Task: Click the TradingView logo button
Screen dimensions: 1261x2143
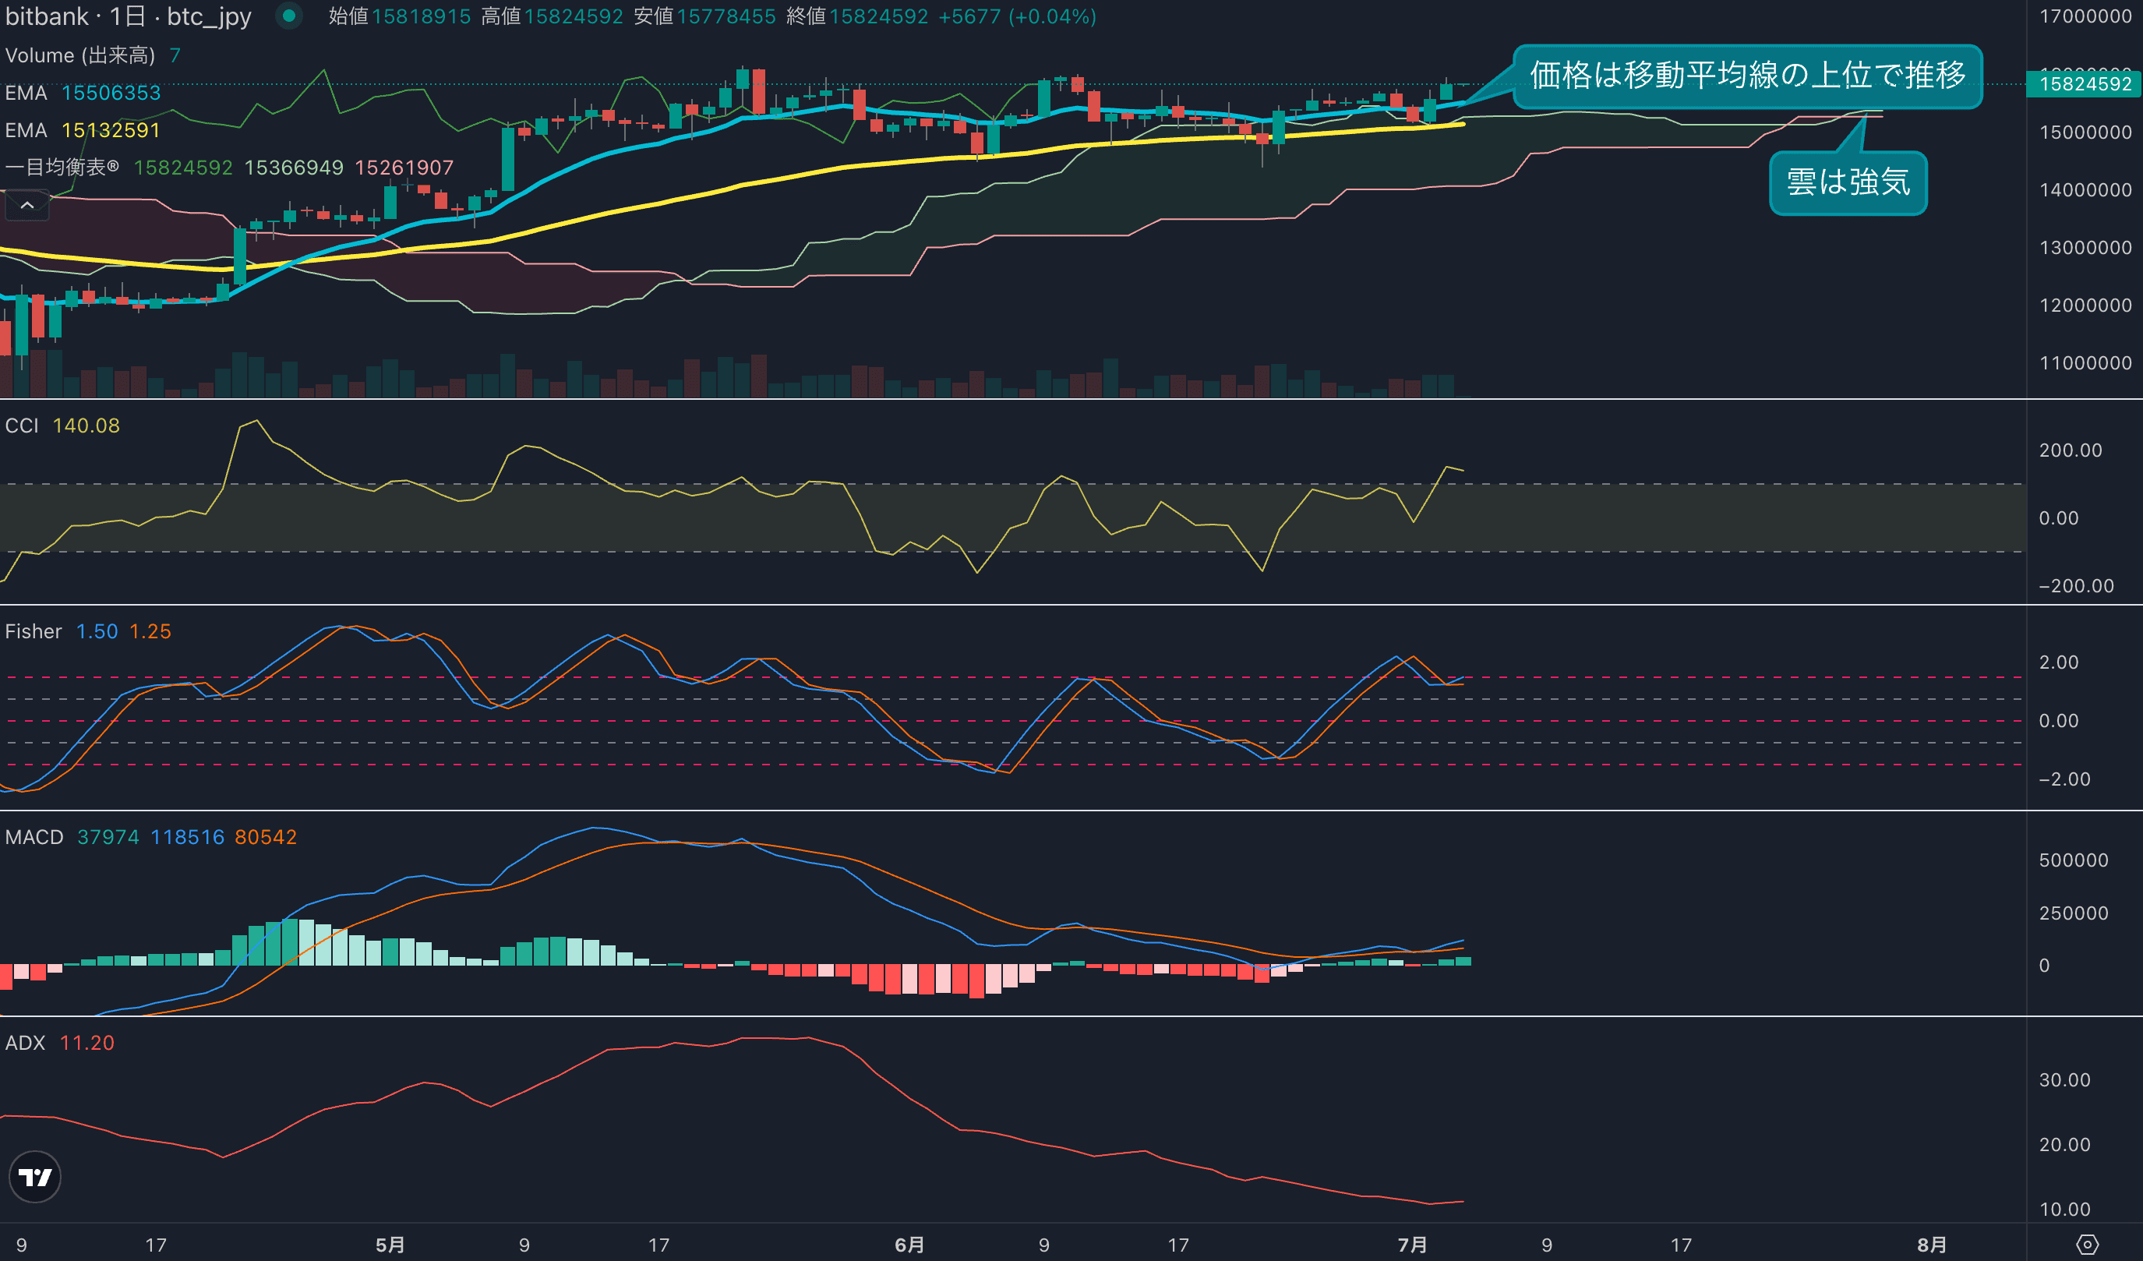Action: click(35, 1177)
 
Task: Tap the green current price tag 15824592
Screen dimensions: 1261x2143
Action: click(2085, 83)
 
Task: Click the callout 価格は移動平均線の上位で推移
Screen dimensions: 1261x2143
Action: click(1748, 76)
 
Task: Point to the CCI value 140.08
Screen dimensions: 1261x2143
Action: click(86, 426)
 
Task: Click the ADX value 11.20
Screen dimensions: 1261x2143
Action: click(86, 1043)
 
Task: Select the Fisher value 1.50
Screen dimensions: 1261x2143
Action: click(97, 631)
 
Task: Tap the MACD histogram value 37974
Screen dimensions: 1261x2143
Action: click(108, 837)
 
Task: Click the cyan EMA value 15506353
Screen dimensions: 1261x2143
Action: click(111, 93)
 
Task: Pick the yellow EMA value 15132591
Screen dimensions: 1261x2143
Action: click(111, 130)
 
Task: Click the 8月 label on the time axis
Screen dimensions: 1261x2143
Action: click(1931, 1245)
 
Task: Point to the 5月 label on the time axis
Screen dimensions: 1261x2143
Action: click(390, 1245)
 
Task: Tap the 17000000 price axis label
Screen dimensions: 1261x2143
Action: click(2085, 16)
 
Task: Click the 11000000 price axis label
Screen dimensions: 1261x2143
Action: click(2085, 363)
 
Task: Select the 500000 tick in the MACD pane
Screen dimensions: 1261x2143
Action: click(2074, 860)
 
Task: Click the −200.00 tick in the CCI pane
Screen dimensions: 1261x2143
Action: click(2076, 586)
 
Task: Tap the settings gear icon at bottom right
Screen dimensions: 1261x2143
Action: click(2088, 1245)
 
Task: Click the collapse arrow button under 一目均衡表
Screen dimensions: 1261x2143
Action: click(27, 205)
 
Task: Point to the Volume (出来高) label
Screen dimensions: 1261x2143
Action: click(80, 55)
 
